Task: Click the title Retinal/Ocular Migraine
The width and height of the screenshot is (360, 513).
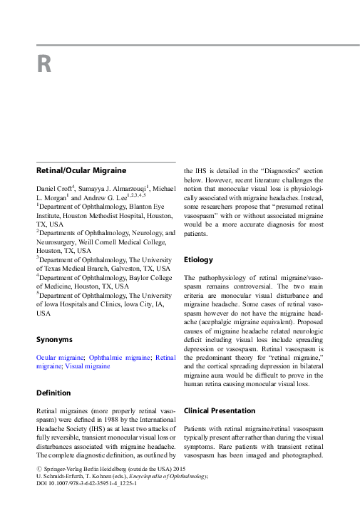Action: [81, 171]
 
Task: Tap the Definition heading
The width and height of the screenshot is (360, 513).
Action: [53, 393]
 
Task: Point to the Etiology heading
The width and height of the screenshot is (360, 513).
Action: [198, 259]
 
